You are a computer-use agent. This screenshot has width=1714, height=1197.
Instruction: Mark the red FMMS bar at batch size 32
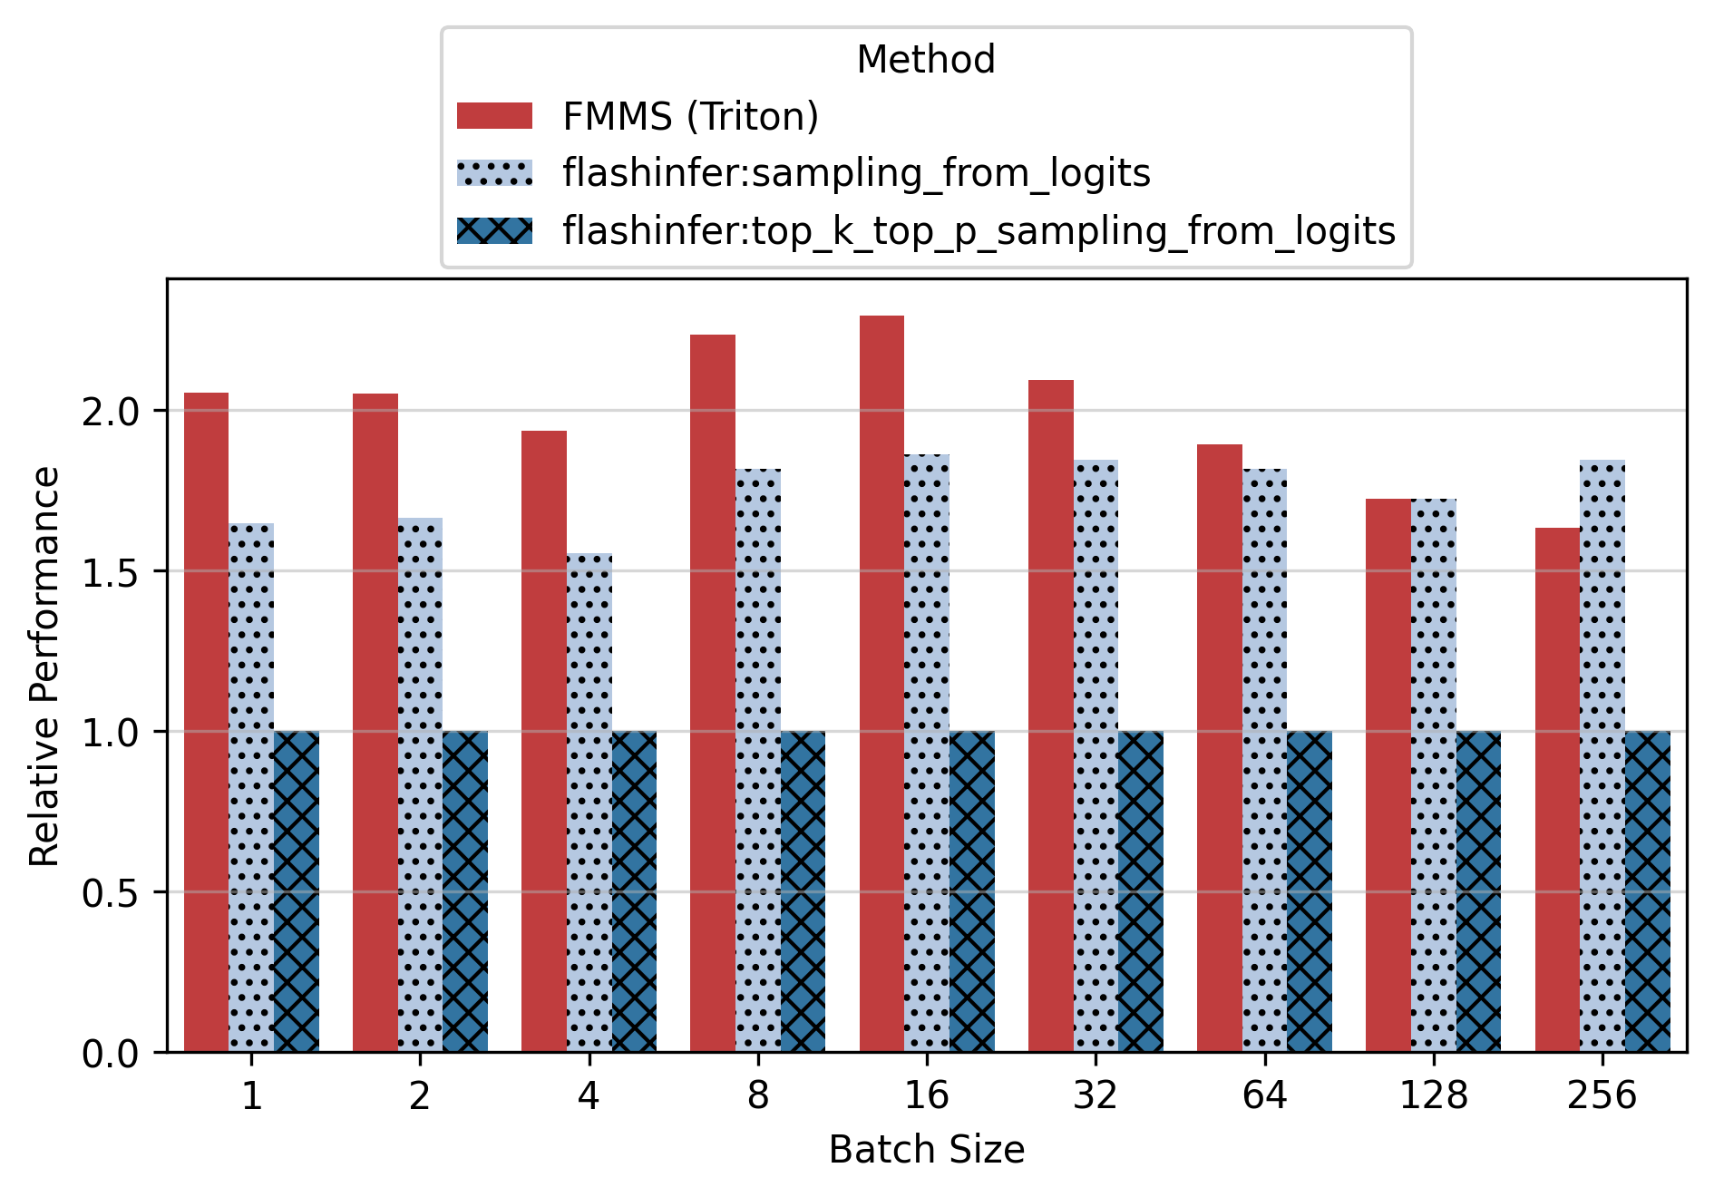click(1051, 715)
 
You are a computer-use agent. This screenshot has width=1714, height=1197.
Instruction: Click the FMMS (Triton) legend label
click(690, 116)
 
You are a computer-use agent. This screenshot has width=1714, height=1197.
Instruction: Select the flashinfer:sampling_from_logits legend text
click(856, 173)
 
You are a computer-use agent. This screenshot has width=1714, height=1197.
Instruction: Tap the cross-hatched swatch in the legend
click(495, 230)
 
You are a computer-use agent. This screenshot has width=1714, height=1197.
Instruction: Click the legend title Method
click(926, 60)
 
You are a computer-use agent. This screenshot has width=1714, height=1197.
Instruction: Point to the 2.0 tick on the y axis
click(110, 411)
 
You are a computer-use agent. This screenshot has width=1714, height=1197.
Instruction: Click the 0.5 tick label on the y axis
click(110, 893)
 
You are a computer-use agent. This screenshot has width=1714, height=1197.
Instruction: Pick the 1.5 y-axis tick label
click(110, 572)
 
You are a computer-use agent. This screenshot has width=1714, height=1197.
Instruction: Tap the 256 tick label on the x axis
click(1602, 1096)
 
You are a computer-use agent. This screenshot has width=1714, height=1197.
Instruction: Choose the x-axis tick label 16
click(926, 1096)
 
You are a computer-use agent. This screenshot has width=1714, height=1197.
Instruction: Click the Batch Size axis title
click(926, 1150)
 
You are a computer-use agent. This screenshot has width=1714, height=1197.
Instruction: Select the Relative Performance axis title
click(44, 666)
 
